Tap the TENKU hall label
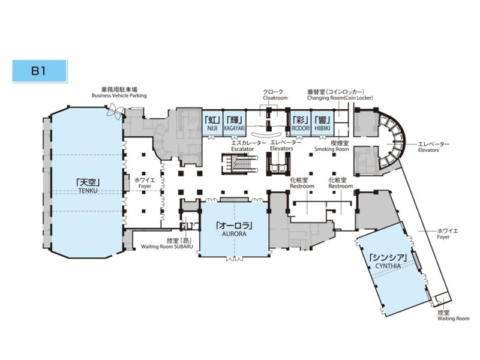(x=87, y=186)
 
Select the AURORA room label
(x=233, y=229)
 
